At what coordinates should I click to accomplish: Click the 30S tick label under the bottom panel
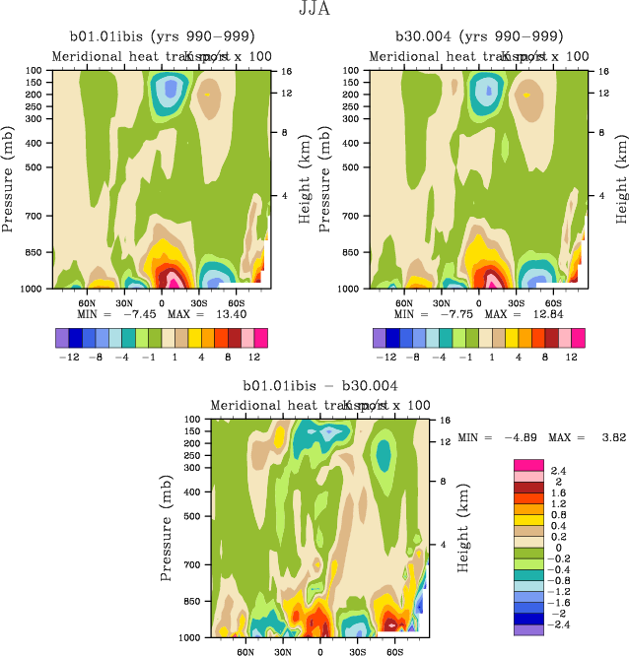click(x=357, y=651)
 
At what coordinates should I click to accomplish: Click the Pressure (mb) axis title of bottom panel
click(x=167, y=525)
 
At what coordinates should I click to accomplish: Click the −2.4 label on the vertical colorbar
click(x=559, y=624)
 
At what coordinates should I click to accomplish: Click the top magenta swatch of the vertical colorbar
click(x=528, y=464)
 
